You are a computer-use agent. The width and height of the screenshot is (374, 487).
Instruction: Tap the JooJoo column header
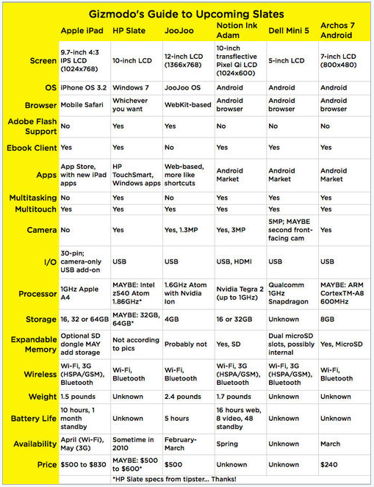coord(181,32)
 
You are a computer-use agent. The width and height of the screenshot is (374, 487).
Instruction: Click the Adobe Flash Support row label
coord(32,126)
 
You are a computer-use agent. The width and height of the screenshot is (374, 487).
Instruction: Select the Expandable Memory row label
coord(32,344)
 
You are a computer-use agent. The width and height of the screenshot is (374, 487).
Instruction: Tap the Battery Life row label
coord(32,418)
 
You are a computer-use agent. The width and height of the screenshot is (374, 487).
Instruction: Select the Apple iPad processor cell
coord(80,294)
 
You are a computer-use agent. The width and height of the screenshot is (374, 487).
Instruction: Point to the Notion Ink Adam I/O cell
coord(236,261)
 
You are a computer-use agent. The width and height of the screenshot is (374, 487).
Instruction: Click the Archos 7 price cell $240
coord(331,464)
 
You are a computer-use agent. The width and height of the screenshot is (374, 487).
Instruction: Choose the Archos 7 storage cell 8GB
coord(329,319)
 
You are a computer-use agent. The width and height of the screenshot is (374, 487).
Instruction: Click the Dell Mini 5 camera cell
coord(290,231)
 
